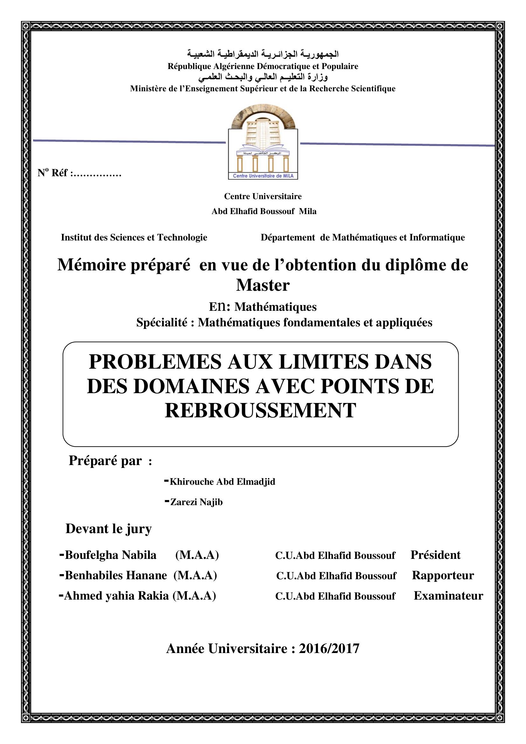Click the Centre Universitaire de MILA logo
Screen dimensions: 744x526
[x=263, y=143]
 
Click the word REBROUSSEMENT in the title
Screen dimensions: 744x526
[x=260, y=411]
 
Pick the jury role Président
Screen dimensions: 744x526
[x=435, y=555]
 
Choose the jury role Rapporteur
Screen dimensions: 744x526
[x=443, y=575]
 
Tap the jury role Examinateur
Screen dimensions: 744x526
[x=448, y=595]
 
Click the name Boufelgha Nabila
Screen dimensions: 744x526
[x=110, y=555]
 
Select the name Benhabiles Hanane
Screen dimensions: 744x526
[x=116, y=575]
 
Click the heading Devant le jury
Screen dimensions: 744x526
[x=108, y=529]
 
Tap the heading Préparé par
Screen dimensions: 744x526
[x=106, y=461]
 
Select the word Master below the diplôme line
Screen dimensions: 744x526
[x=263, y=285]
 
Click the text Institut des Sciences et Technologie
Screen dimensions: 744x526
[x=134, y=238]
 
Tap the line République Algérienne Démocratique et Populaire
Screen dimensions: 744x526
[x=263, y=66]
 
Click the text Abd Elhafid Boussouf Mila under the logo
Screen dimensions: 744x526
[x=264, y=211]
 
